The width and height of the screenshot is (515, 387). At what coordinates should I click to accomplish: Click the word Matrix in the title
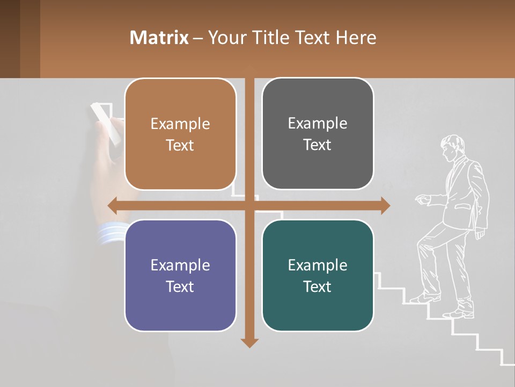[x=159, y=38]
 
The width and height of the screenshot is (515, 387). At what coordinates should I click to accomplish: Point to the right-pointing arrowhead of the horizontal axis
[x=385, y=205]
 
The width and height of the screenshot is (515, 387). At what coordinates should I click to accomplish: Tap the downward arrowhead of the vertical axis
[x=249, y=342]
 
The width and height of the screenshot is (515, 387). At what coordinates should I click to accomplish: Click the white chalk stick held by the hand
[x=106, y=124]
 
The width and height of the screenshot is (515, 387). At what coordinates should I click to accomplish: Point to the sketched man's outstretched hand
[x=422, y=199]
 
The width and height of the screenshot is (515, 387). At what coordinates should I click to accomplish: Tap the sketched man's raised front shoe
[x=424, y=297]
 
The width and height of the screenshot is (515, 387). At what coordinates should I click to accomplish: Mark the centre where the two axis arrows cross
[x=249, y=205]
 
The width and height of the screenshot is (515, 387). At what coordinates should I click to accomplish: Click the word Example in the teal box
[x=318, y=265]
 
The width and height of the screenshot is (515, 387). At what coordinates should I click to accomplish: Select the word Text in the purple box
[x=180, y=286]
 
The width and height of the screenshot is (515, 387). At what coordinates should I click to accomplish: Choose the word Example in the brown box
[x=180, y=124]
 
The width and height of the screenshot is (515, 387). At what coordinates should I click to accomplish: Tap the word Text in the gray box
[x=318, y=145]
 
